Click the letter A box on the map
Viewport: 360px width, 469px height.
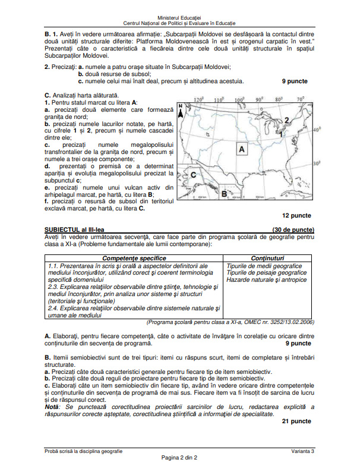241,150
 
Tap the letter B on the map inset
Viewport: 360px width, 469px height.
223,193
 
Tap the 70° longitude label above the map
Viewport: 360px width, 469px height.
301,99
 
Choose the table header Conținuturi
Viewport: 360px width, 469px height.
267,259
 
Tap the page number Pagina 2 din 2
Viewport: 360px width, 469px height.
179,458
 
